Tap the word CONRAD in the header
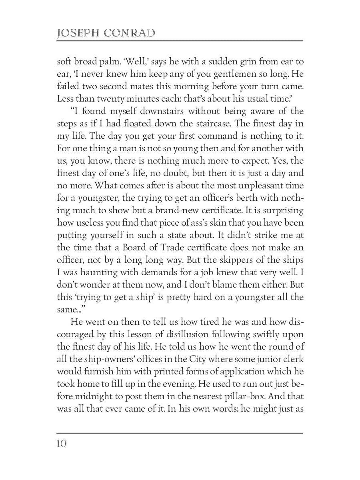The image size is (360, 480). click(x=129, y=33)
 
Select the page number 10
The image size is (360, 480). click(x=62, y=444)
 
